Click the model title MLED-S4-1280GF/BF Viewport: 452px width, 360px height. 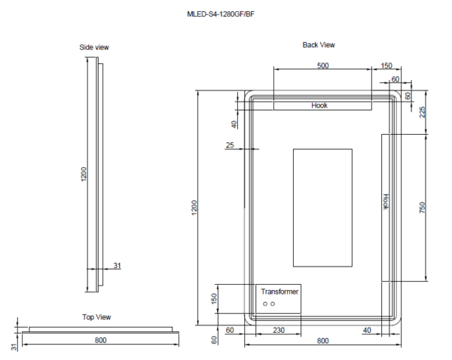tap(225, 14)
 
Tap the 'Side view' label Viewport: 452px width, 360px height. tap(94, 47)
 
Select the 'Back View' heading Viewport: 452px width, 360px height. tap(319, 45)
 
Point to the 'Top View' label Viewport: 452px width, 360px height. tap(97, 317)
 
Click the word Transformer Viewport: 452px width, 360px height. tap(279, 291)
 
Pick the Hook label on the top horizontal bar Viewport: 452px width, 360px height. tap(319, 105)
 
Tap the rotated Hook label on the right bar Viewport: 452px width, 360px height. tap(386, 201)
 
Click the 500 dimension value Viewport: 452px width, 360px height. tap(322, 66)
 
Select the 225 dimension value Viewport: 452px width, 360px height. tap(423, 113)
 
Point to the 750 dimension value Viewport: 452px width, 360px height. tap(423, 208)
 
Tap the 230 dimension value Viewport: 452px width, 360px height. tap(278, 330)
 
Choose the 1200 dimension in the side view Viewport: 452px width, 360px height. tap(84, 175)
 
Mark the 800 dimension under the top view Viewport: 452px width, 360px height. tap(100, 340)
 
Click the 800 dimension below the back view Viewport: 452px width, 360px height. tap(322, 341)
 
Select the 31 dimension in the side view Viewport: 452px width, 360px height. tap(117, 264)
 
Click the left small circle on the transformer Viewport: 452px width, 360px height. tap(265, 304)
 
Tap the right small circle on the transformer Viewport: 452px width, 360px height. tap(273, 304)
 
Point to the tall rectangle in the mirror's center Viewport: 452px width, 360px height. tap(322, 207)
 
